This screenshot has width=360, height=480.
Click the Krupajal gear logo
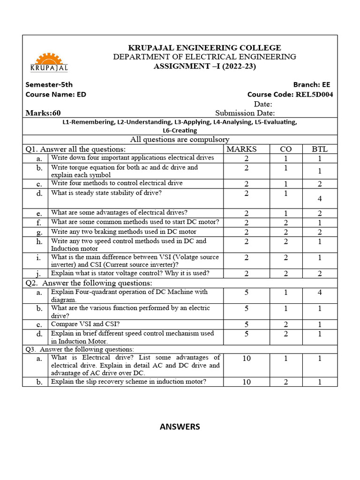click(x=49, y=62)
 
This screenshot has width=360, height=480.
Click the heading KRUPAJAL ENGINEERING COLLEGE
click(x=205, y=47)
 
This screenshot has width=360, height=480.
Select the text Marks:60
click(x=43, y=113)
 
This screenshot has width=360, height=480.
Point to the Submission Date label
click(x=245, y=113)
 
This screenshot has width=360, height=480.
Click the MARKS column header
click(x=241, y=149)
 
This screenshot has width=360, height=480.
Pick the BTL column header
click(x=320, y=149)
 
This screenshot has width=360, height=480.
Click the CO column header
click(x=286, y=149)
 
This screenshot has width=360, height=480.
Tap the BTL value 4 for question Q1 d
click(x=320, y=199)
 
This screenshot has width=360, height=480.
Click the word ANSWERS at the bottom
click(x=180, y=427)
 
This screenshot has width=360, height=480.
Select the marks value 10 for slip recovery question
click(x=247, y=382)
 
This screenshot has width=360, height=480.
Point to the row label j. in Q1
click(x=39, y=273)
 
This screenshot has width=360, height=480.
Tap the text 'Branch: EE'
click(x=311, y=84)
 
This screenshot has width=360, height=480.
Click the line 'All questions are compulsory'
click(x=180, y=139)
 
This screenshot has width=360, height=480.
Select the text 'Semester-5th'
click(x=49, y=84)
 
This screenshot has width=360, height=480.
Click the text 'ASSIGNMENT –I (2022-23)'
click(x=205, y=66)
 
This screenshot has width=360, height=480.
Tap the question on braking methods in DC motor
click(x=123, y=232)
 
